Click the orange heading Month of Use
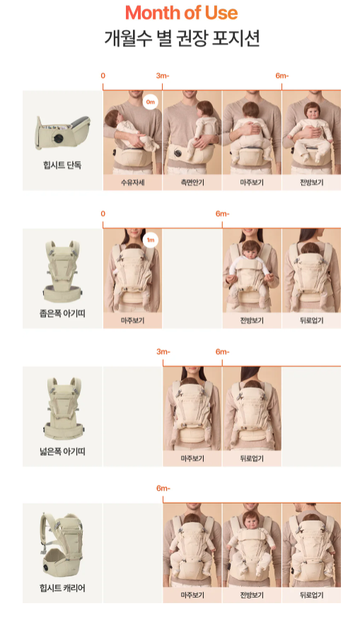(x=181, y=13)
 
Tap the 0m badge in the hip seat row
(x=150, y=103)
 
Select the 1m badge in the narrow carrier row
(x=150, y=240)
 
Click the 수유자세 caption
(x=132, y=182)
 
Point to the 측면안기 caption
(x=192, y=182)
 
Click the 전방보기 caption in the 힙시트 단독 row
(x=311, y=182)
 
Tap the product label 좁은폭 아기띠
(x=62, y=312)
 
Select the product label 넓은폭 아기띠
(x=62, y=450)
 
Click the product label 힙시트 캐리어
(x=62, y=588)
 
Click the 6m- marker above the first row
(x=282, y=76)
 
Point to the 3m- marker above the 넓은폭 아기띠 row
(x=163, y=351)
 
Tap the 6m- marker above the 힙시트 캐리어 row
(x=163, y=489)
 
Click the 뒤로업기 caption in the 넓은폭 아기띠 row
(x=252, y=458)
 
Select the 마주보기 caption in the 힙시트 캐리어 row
(x=192, y=595)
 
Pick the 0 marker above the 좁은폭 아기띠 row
(x=103, y=214)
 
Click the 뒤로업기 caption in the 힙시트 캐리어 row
(x=311, y=595)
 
